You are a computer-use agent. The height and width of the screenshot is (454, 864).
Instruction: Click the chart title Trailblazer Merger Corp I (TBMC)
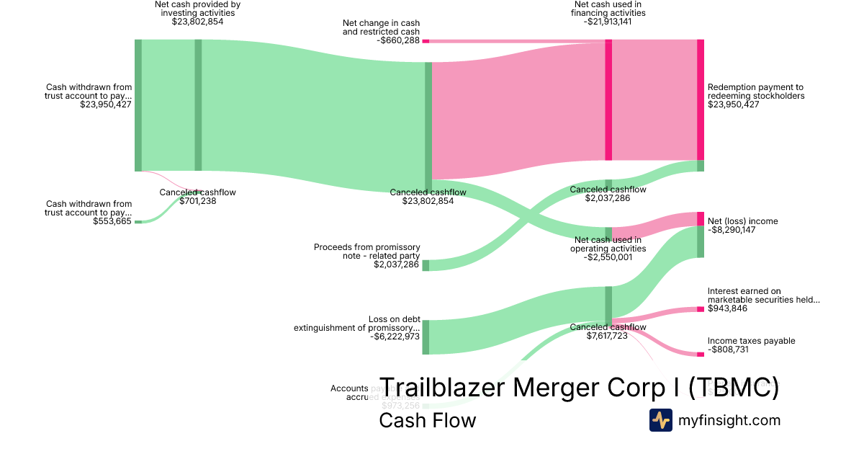point(578,388)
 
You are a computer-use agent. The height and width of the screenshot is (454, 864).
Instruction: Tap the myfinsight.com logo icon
point(660,420)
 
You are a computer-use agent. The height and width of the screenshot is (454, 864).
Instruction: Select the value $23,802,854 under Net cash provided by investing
point(197,22)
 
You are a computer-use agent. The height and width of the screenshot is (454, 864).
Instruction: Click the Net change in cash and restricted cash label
point(381,28)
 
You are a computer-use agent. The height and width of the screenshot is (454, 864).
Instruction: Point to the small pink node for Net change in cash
point(426,41)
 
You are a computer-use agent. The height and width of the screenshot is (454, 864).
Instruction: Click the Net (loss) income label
point(742,221)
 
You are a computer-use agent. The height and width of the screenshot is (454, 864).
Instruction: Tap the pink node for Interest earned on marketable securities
point(700,309)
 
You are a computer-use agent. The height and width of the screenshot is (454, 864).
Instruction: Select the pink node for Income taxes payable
point(700,354)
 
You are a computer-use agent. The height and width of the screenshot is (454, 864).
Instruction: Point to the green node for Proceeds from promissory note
point(426,265)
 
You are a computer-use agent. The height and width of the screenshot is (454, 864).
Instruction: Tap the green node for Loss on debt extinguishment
point(426,337)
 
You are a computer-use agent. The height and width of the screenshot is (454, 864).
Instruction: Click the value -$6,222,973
point(394,337)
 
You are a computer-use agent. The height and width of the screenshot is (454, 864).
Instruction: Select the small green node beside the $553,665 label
point(138,221)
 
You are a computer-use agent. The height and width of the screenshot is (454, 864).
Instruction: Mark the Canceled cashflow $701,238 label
point(197,197)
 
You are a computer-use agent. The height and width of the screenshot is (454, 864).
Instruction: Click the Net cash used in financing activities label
point(608,13)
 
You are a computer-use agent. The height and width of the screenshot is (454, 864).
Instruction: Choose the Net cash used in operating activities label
point(608,249)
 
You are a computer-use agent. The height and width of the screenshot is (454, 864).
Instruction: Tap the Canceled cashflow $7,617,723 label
point(608,331)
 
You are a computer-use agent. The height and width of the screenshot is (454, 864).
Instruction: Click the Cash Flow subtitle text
point(427,420)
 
